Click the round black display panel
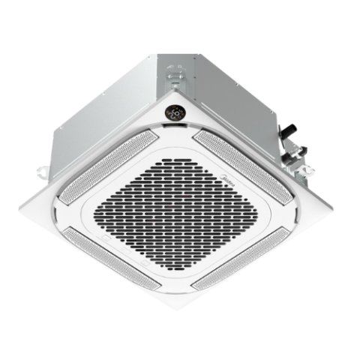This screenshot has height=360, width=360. (175, 113)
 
